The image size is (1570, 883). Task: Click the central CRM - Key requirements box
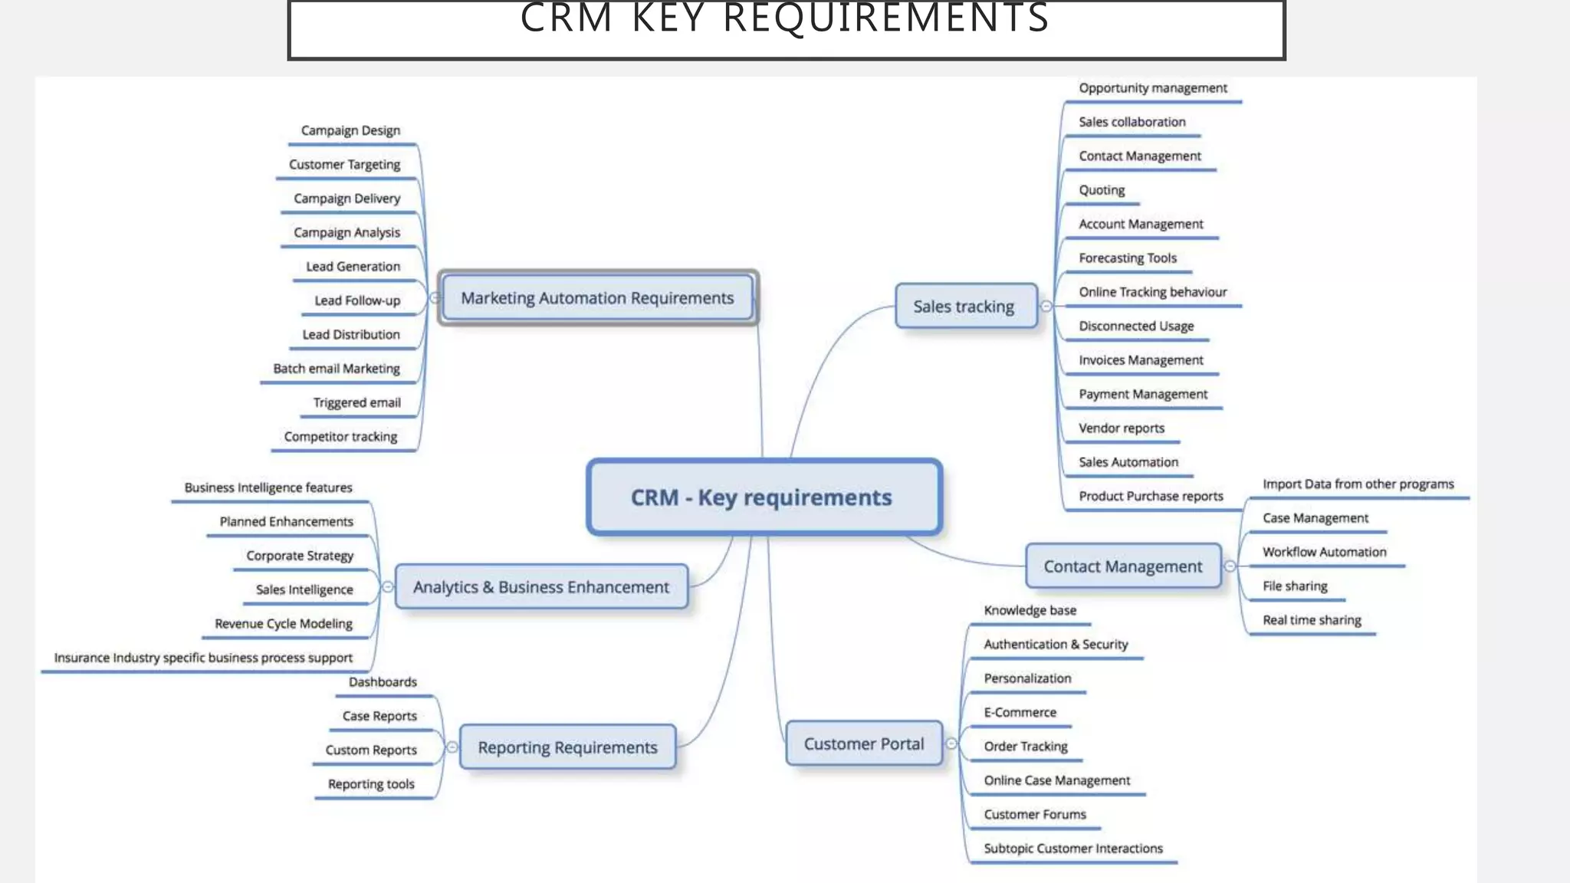[764, 497]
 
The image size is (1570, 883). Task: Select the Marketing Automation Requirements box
[597, 298]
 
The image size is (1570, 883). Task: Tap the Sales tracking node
[964, 307]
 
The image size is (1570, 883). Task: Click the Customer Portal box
[864, 743]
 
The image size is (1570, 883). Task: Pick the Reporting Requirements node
[567, 747]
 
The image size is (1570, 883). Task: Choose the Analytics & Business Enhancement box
[541, 587]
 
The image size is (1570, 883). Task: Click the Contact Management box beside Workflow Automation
[1123, 566]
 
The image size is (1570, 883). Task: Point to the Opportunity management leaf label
[1152, 88]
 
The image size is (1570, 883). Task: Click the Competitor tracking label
[340, 437]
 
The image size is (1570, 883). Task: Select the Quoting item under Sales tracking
[1102, 190]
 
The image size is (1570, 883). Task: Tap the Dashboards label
[383, 682]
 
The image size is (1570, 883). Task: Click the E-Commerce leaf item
[1020, 712]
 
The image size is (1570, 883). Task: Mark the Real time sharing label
[1312, 620]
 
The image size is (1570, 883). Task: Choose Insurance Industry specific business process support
[203, 658]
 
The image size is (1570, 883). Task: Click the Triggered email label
[356, 402]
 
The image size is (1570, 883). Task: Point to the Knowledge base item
[1030, 610]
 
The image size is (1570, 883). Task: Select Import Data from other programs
[1358, 484]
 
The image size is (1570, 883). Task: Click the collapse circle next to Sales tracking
[1046, 306]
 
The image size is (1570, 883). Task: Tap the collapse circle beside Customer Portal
[951, 743]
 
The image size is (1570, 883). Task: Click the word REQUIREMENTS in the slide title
[885, 18]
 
